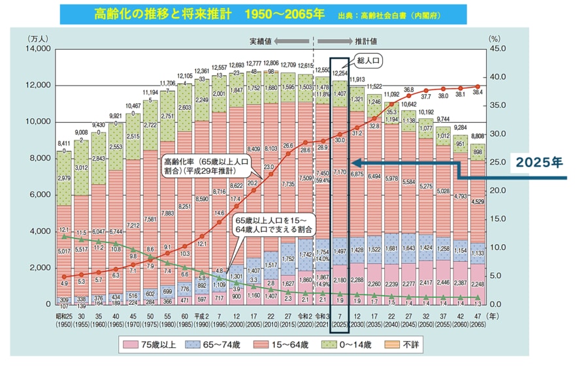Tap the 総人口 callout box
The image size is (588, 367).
click(x=368, y=61)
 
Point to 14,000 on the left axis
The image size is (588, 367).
click(x=37, y=49)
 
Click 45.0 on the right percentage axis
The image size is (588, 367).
click(x=497, y=49)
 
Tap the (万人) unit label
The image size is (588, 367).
click(x=37, y=39)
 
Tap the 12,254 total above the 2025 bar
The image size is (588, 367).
click(x=339, y=74)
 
